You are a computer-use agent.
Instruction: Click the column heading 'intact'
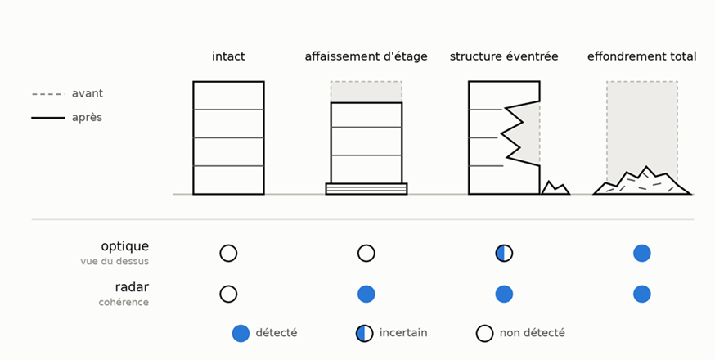228,56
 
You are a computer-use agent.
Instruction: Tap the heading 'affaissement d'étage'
366,56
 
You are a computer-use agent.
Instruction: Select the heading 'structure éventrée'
504,56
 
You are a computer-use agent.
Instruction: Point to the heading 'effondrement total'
641,56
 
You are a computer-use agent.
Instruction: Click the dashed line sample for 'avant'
48,94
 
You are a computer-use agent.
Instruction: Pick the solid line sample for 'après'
48,118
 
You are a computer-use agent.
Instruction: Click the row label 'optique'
125,246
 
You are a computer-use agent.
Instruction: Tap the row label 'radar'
132,287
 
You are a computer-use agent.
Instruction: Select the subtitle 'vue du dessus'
115,262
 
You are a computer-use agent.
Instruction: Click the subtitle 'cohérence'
124,302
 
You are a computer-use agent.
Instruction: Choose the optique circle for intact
228,254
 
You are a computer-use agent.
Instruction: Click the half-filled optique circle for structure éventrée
504,254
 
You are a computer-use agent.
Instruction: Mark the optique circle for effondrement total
642,254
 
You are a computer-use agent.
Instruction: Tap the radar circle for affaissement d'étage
366,295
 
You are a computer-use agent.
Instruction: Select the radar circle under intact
228,295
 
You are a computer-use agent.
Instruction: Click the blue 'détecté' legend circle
241,334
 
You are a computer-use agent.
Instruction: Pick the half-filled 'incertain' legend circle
364,334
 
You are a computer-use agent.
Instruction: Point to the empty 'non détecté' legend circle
485,334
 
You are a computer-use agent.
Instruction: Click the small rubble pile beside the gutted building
555,188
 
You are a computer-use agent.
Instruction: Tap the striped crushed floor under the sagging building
366,189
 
